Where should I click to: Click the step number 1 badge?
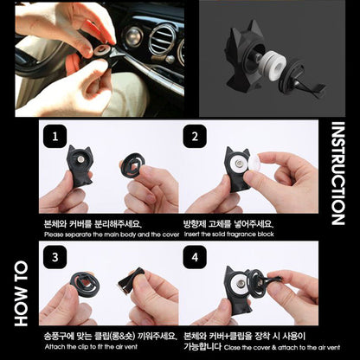pos(56,137)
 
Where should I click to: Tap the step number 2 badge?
pos(196,137)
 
